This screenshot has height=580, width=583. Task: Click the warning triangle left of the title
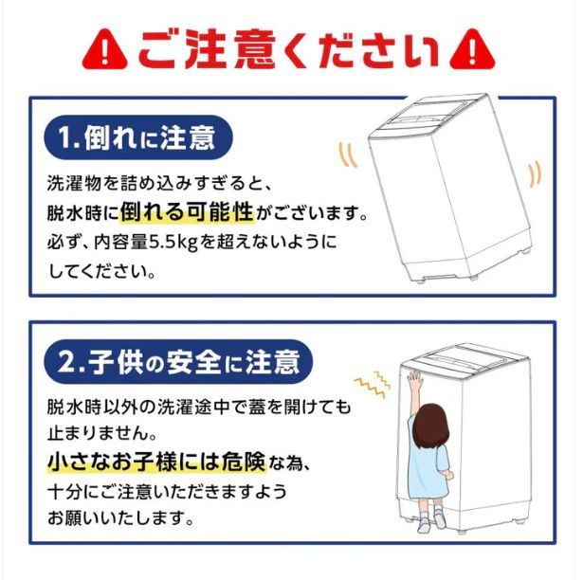pos(106,47)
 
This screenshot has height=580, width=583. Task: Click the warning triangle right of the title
pos(472,47)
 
